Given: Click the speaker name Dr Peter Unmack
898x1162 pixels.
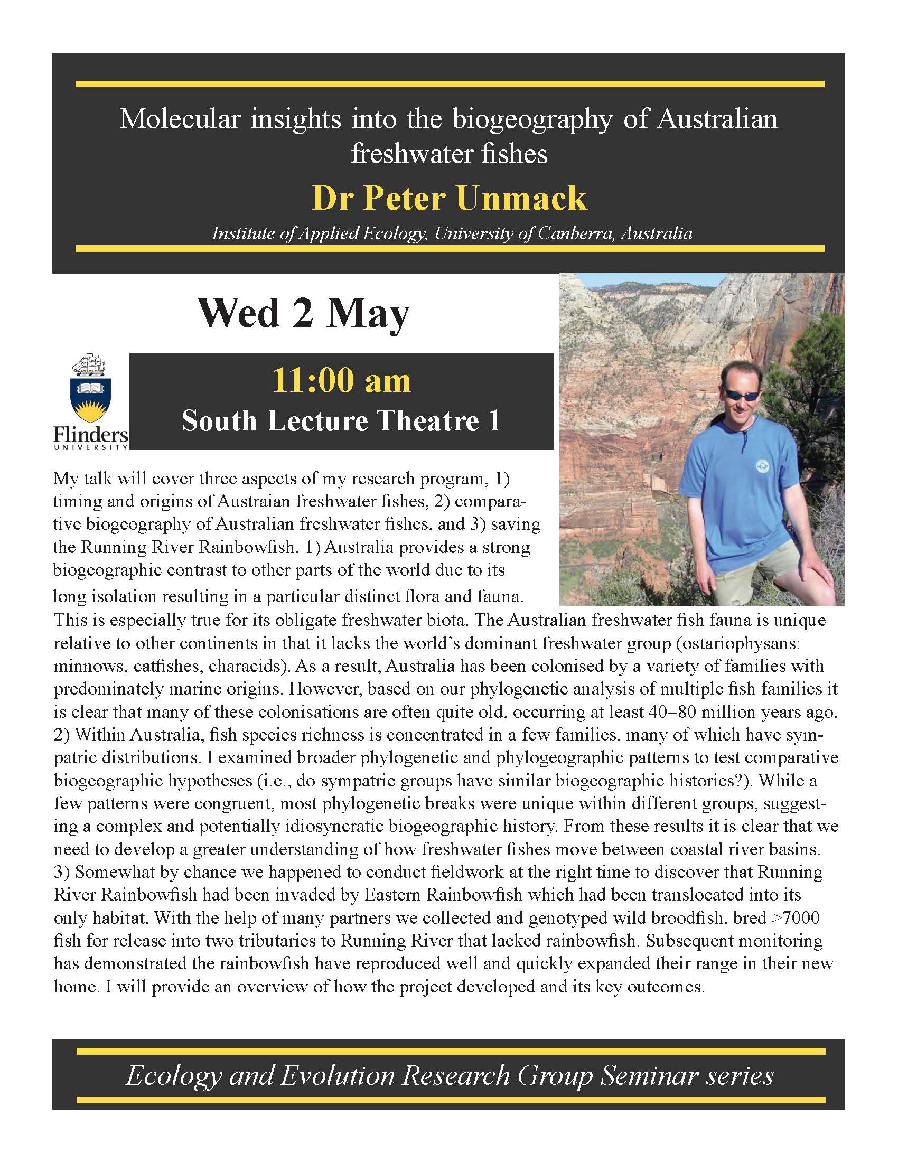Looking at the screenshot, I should click(x=449, y=199).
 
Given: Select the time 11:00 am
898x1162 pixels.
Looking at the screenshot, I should click(x=341, y=381).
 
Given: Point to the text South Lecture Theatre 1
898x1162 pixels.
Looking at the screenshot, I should click(x=341, y=421).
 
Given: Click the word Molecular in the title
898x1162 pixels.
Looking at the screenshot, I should click(x=180, y=119).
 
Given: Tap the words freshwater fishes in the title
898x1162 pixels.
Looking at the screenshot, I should click(x=449, y=154).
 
